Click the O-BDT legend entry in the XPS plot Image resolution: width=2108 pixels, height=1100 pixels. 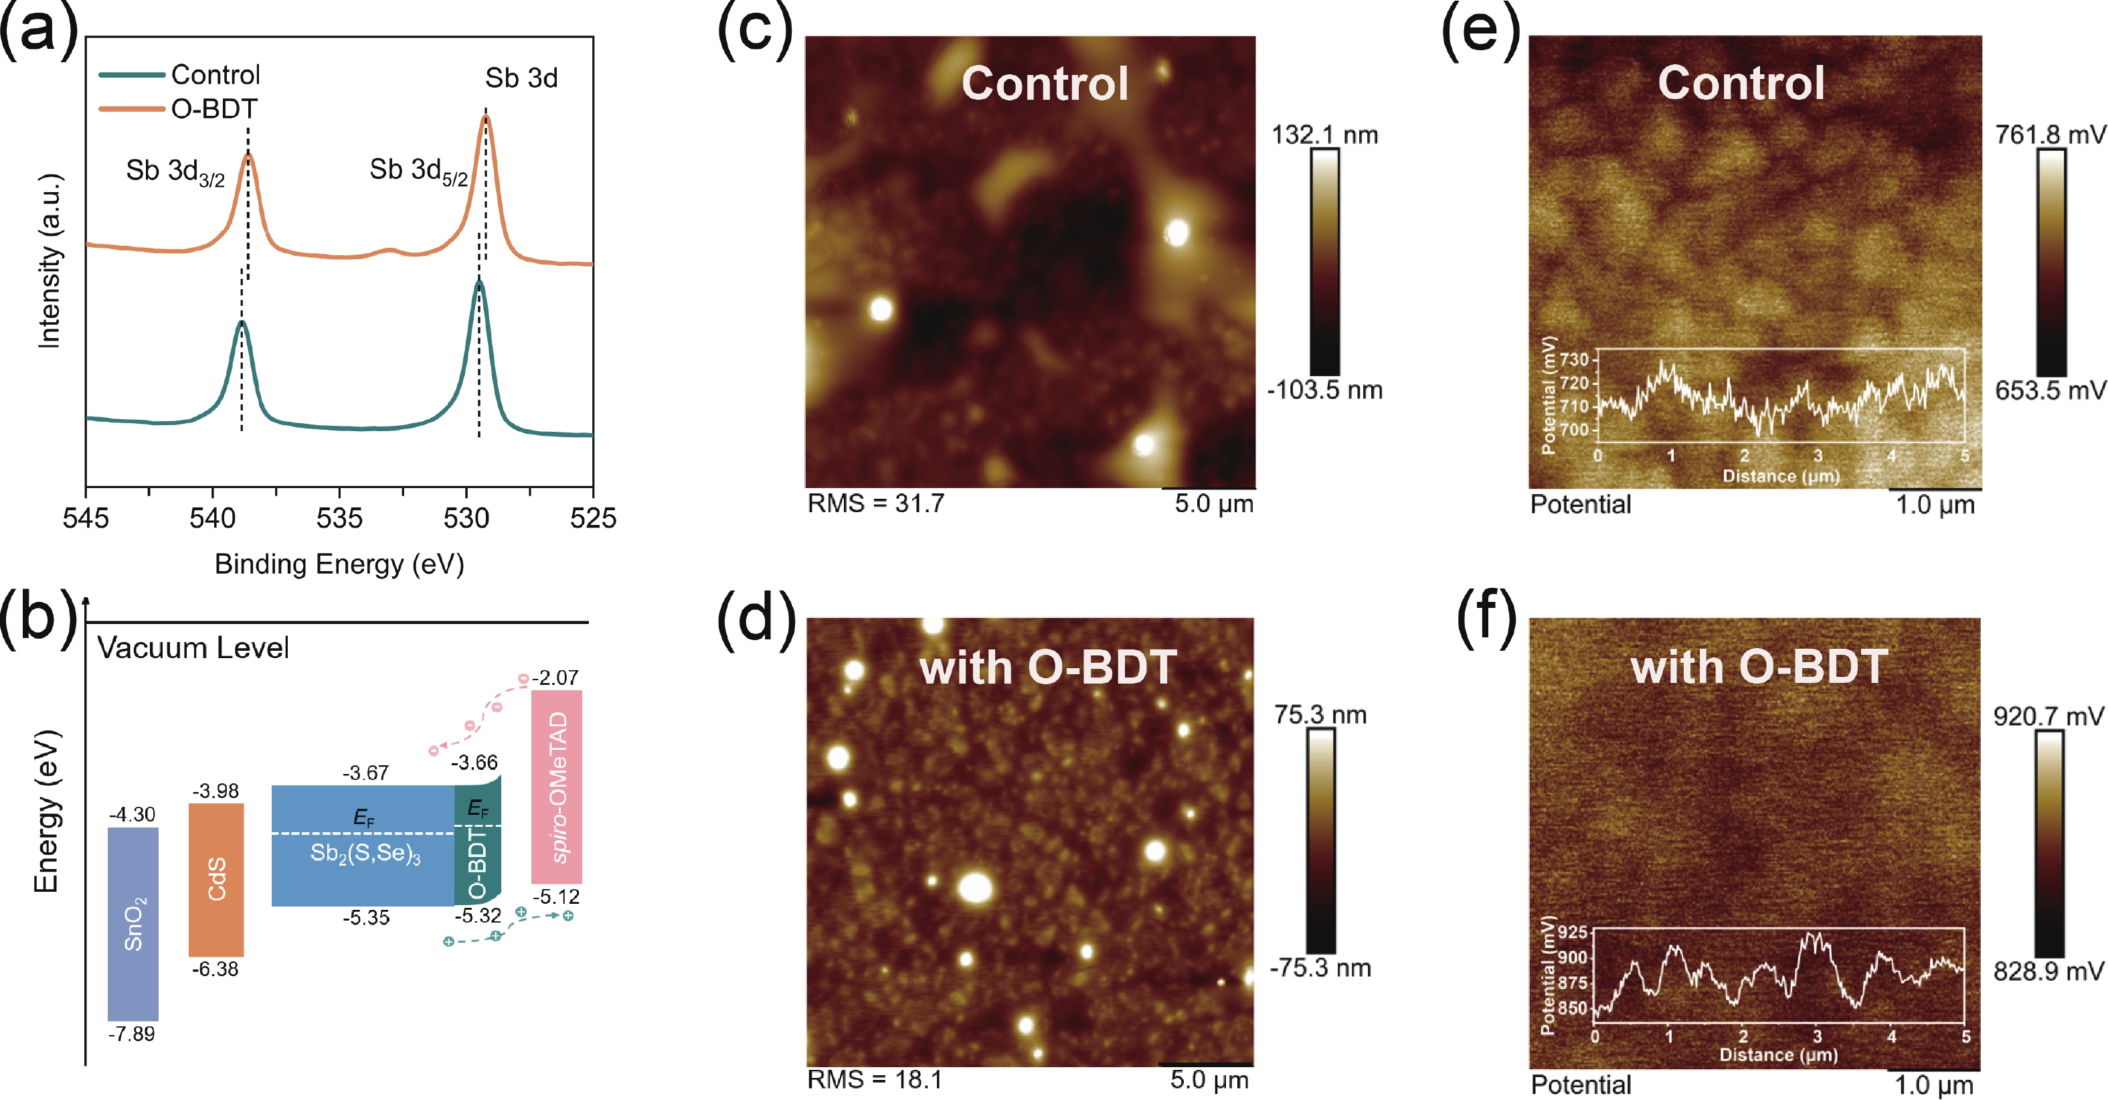[213, 109]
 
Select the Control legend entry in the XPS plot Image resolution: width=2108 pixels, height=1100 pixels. [215, 75]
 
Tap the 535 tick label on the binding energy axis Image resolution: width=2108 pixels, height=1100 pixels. [339, 518]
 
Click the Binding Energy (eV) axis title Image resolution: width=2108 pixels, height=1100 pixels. [339, 564]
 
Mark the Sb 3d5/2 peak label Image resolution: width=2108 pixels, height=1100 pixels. [418, 171]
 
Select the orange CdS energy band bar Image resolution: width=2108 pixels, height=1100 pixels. [216, 880]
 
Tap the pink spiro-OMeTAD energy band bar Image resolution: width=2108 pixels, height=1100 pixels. [557, 787]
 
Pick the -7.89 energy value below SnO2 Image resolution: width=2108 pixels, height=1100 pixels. [132, 1034]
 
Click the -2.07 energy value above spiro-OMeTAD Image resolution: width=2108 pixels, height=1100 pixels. [555, 678]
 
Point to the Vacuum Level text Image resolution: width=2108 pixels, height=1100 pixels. [193, 648]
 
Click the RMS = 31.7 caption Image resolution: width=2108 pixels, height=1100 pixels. [875, 503]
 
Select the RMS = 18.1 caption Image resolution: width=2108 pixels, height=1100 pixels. [875, 1079]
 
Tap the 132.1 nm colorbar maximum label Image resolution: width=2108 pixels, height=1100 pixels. [1324, 135]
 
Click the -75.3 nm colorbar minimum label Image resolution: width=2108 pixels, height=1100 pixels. [1320, 968]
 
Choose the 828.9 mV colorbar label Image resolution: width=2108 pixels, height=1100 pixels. [2048, 971]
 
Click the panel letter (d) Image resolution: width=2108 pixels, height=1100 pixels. [756, 619]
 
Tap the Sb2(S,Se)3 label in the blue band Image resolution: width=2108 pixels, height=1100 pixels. [366, 854]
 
